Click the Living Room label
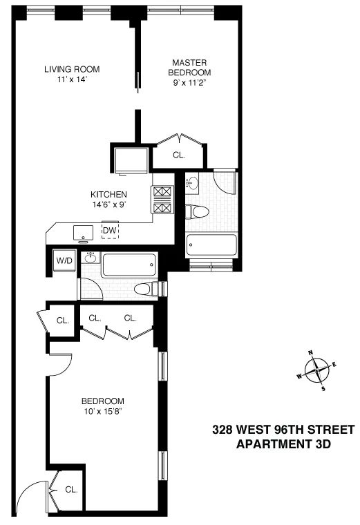72,69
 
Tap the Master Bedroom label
191,67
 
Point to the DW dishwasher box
109,230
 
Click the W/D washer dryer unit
65,261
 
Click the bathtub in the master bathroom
211,245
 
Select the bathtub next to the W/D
129,265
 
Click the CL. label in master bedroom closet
179,155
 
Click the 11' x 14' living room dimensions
72,80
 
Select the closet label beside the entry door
70,489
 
